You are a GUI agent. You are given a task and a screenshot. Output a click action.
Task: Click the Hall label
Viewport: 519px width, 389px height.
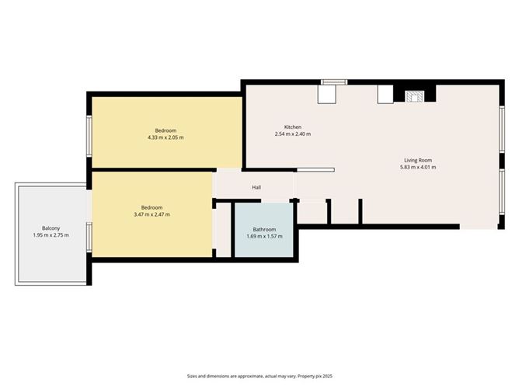[256, 188]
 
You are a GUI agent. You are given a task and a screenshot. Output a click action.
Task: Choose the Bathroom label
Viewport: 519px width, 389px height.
[264, 229]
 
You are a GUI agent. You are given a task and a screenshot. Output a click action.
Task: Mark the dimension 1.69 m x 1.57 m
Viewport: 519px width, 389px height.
[264, 236]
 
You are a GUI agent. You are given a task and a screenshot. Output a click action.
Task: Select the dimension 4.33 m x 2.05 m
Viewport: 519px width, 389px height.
[165, 137]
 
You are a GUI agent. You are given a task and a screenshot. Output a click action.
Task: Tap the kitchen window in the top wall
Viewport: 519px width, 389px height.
[334, 82]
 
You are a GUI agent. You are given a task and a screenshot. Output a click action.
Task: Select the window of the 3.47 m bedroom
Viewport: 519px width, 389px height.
[90, 237]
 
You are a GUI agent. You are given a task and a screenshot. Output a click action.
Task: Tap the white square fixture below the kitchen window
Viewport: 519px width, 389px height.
[327, 94]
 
